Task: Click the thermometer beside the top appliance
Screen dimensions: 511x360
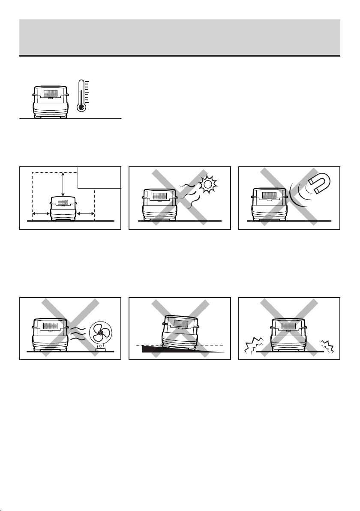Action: pos(81,95)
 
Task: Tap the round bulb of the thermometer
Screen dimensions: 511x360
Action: pos(81,107)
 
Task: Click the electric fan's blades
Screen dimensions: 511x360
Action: pos(100,333)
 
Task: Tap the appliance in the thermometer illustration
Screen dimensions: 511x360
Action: pos(51,101)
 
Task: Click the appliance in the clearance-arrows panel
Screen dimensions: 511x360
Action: pos(63,208)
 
